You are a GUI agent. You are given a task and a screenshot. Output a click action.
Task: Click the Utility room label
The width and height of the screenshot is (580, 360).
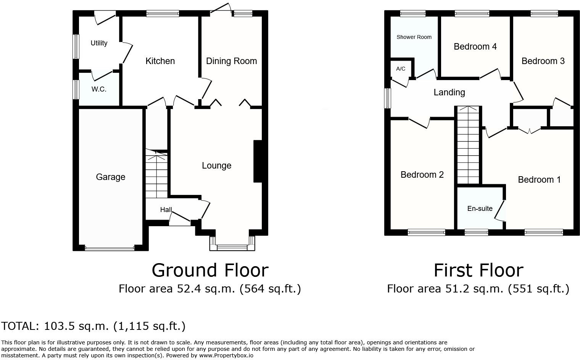[x=99, y=43]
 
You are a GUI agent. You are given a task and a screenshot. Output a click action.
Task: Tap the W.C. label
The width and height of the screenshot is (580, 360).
[x=99, y=89]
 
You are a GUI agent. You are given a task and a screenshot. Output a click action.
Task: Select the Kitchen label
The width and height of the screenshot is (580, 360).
[x=160, y=61]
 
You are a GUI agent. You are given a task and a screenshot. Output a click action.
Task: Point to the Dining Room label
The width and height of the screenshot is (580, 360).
[x=231, y=61]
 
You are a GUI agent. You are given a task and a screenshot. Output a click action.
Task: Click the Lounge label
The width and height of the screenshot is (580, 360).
[x=216, y=166]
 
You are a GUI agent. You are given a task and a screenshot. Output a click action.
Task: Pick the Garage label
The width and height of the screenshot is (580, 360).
[x=110, y=177]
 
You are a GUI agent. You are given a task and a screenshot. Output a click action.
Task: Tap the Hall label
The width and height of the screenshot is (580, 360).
[x=166, y=210]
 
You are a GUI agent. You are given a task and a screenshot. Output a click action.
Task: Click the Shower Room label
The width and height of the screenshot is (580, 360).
[x=414, y=37]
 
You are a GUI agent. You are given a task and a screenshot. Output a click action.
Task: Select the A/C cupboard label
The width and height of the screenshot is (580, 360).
[x=401, y=69]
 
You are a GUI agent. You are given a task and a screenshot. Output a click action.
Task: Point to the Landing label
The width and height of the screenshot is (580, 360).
[x=449, y=92]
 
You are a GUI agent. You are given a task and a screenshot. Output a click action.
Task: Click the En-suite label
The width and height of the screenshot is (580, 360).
[x=480, y=209]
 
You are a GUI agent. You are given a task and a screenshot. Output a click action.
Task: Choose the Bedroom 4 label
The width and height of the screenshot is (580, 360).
[x=475, y=47]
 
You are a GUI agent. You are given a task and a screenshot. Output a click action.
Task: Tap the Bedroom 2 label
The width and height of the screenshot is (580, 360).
[x=422, y=175]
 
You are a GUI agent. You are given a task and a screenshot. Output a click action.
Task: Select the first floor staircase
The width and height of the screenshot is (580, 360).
[x=468, y=145]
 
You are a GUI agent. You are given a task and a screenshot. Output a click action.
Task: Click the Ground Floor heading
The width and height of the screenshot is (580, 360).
[x=210, y=270]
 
